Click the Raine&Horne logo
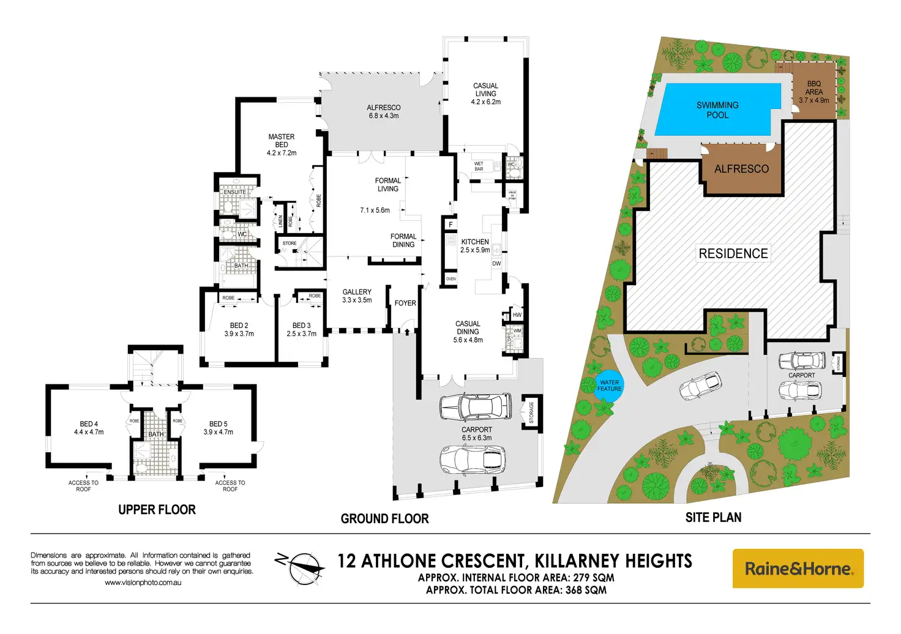point(798,569)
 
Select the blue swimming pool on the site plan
point(718,110)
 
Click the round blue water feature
point(609,386)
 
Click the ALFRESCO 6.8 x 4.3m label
point(384,111)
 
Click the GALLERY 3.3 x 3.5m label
point(357,296)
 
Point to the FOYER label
point(405,303)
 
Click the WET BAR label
point(479,166)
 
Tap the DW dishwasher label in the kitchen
point(496,264)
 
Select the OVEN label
point(451,279)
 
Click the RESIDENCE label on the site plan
point(733,253)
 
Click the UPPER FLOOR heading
point(157,510)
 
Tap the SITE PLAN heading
point(713,518)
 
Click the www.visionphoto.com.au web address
point(143,583)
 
